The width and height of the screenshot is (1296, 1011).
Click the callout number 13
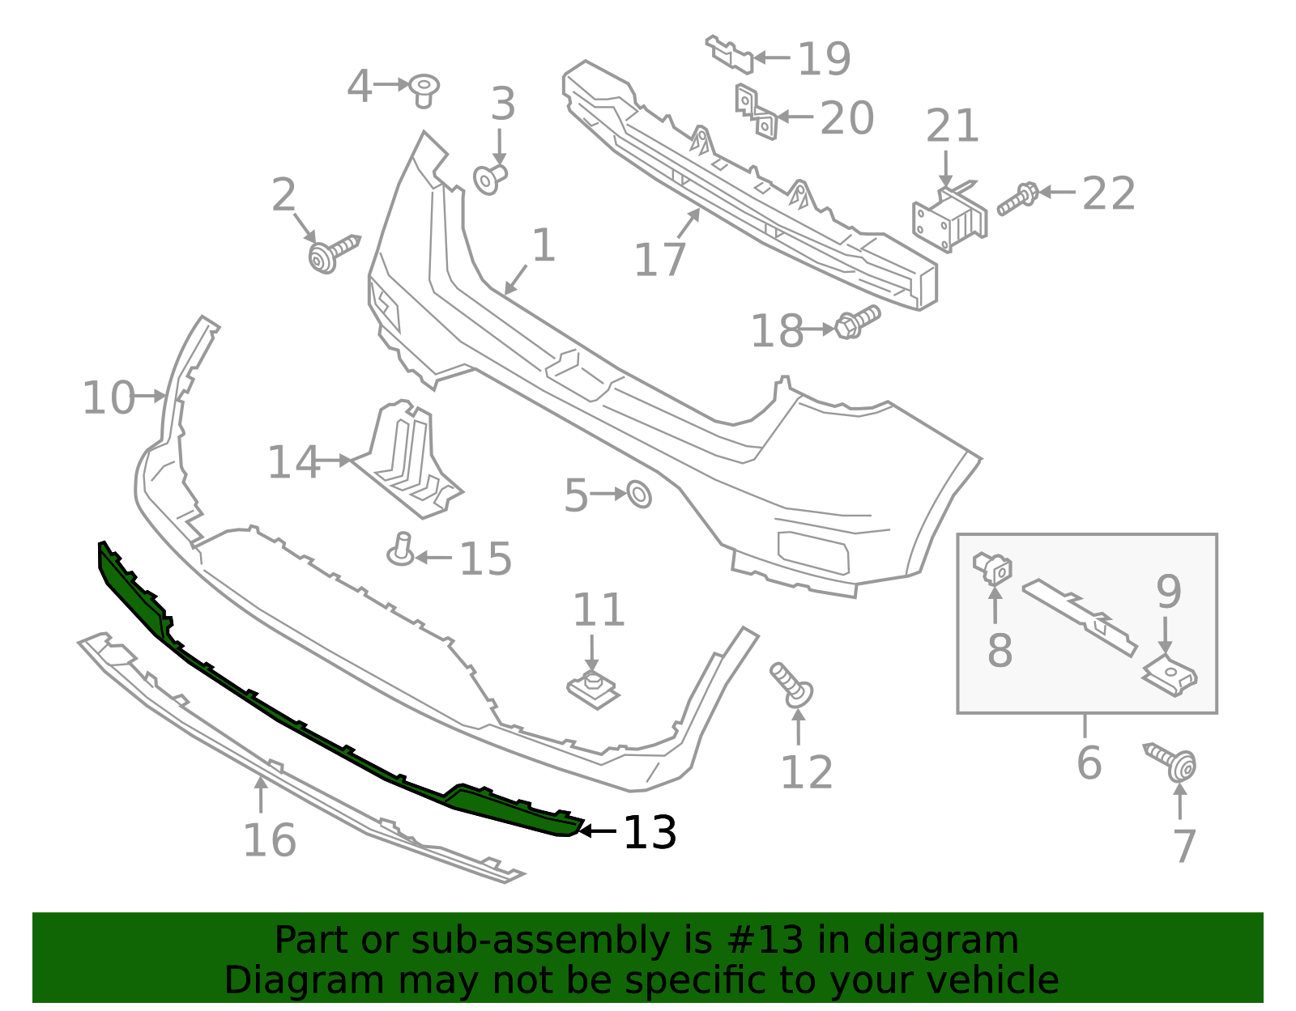point(650,832)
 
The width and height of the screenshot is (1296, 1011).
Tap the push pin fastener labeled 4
point(424,89)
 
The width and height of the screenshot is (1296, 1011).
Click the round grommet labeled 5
point(639,494)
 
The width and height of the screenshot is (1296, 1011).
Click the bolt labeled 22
point(1018,198)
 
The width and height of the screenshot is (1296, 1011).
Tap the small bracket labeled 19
point(731,53)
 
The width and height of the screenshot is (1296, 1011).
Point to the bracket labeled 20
point(757,113)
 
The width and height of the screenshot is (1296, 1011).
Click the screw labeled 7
point(1174,761)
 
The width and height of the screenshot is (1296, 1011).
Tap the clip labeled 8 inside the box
point(993,566)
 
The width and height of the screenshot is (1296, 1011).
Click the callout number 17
point(660,261)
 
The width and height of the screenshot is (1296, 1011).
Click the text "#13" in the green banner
point(759,941)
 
